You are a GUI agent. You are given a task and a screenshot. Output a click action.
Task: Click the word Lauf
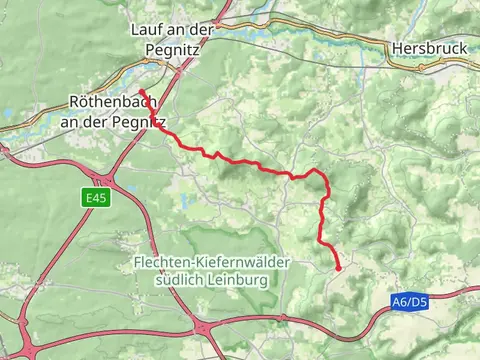(x=147, y=29)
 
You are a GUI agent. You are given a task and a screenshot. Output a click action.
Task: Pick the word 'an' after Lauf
(x=176, y=29)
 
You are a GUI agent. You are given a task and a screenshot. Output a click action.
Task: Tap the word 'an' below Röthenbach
(x=71, y=121)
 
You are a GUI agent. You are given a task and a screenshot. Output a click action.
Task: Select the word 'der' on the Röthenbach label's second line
(x=96, y=121)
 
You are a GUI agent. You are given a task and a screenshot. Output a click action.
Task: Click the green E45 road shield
(x=95, y=199)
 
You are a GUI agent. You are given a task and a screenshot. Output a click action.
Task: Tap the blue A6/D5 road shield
(x=409, y=301)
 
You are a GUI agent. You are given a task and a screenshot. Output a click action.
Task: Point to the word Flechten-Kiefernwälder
(x=211, y=262)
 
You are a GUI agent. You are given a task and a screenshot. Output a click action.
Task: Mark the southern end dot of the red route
(x=338, y=268)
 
